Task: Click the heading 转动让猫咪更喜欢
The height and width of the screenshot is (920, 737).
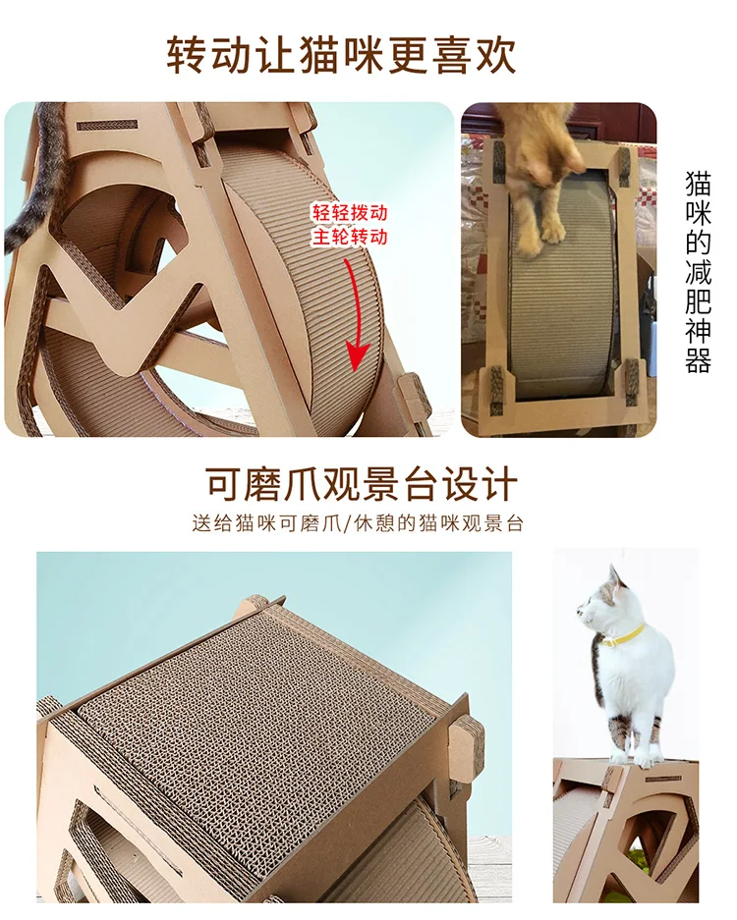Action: point(341,55)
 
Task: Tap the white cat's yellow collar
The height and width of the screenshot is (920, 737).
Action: point(625,635)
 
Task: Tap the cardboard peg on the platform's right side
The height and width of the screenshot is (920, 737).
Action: point(468,746)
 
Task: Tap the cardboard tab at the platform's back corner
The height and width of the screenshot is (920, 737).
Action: point(255,604)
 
